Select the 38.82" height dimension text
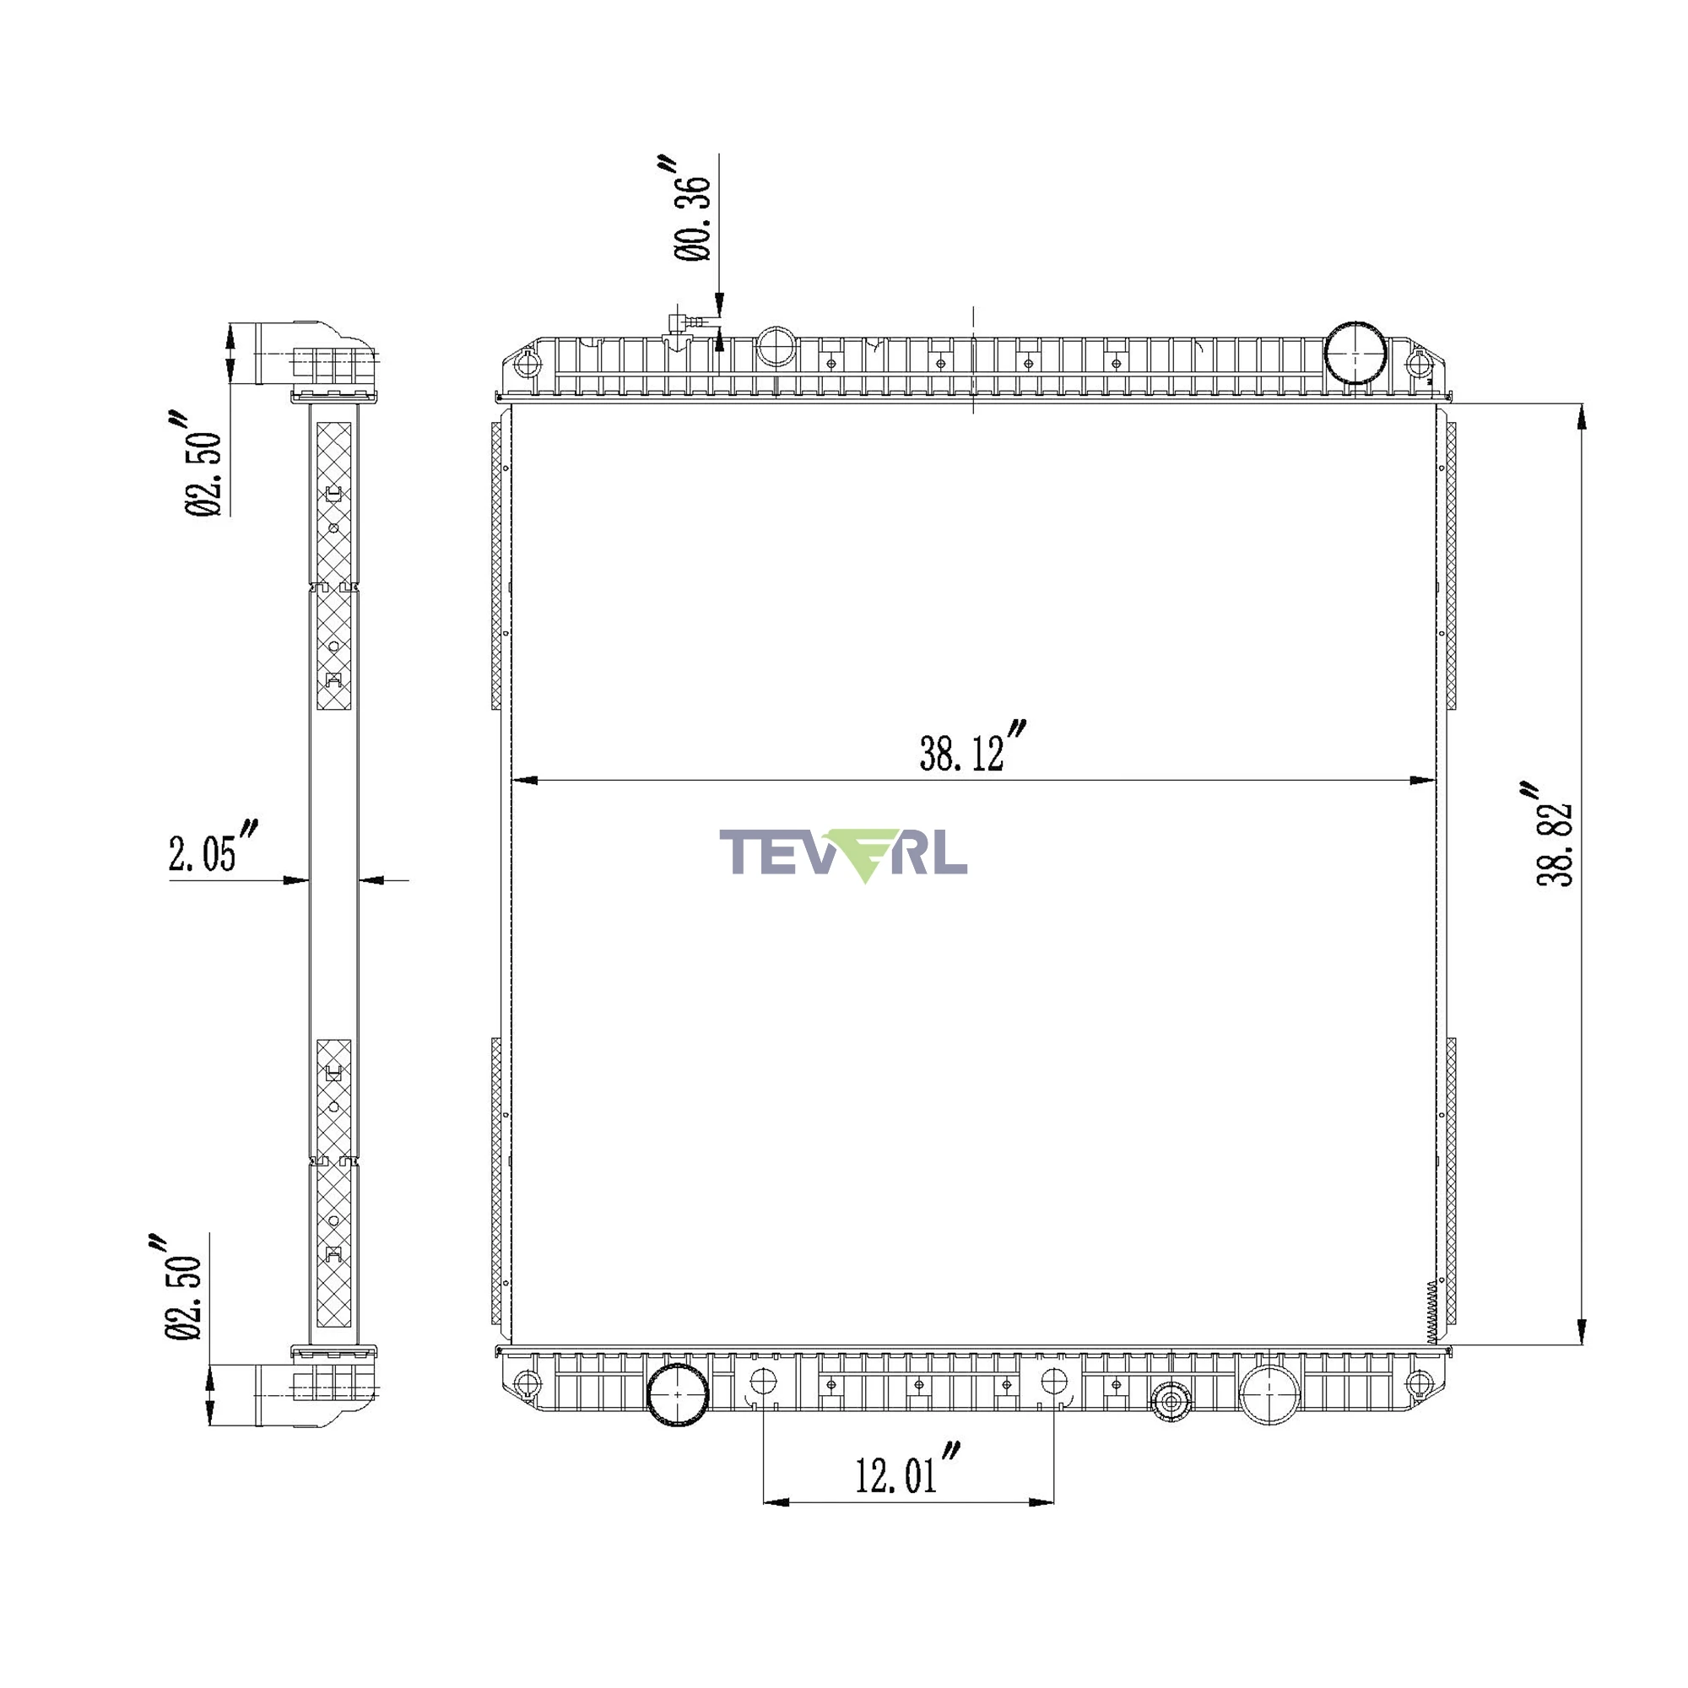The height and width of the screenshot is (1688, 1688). pyautogui.click(x=1555, y=835)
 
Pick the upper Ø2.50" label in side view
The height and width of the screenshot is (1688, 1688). pyautogui.click(x=203, y=463)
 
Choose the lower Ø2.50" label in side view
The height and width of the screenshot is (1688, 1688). pyautogui.click(x=181, y=1287)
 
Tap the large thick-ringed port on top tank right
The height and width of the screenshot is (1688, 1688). pyautogui.click(x=1355, y=354)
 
